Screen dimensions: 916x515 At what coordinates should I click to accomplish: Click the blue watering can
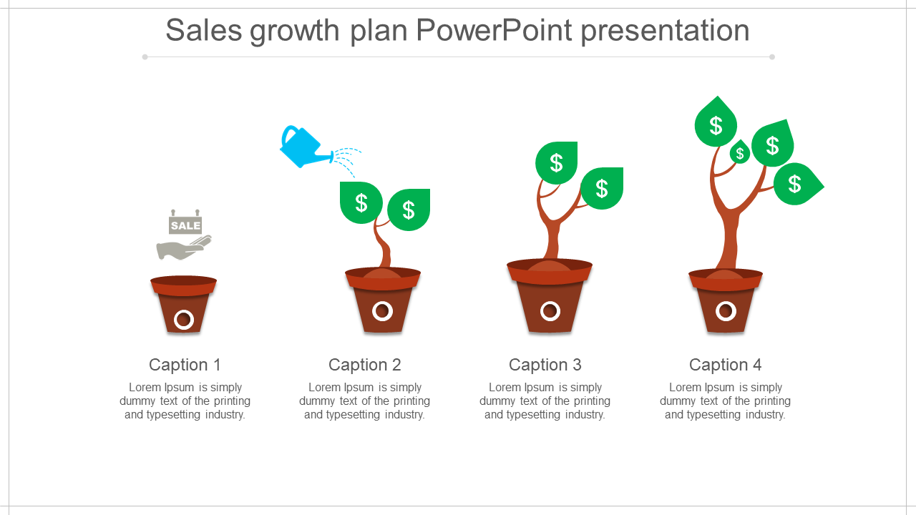[305, 147]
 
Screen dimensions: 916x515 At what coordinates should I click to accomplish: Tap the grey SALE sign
[185, 222]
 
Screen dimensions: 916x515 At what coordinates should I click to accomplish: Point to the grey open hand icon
[184, 248]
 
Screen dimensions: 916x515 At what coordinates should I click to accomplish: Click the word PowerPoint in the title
[494, 30]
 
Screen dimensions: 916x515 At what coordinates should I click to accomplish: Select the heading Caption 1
[185, 365]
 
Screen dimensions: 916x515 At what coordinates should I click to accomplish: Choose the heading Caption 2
[365, 365]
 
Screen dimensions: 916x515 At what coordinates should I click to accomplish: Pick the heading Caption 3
[545, 365]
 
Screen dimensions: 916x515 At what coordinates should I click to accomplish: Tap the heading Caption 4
[726, 365]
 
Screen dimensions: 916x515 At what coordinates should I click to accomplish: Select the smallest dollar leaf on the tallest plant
[740, 152]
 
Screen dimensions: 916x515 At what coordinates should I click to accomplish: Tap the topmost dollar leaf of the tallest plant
[716, 122]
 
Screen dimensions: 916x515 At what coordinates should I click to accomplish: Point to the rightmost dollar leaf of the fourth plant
[797, 184]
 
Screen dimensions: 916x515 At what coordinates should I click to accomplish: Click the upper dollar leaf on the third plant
[557, 162]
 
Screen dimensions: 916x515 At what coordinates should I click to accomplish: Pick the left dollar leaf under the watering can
[361, 202]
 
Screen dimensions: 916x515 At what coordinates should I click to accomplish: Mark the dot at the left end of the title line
[145, 57]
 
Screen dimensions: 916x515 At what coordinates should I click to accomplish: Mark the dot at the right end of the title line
[772, 57]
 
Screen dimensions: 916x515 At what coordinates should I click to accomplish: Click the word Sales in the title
[204, 30]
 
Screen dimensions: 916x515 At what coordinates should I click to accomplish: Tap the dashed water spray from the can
[347, 162]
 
